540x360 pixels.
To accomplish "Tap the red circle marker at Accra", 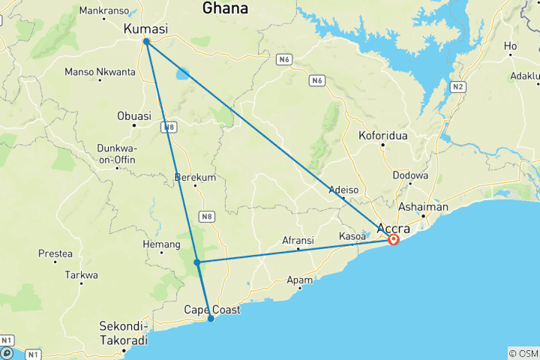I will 394,240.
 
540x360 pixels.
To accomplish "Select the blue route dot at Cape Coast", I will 211,319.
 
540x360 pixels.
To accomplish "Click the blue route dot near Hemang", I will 196,262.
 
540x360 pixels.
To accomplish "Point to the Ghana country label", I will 225,8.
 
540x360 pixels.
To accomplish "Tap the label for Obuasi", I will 134,115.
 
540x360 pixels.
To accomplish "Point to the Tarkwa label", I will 82,275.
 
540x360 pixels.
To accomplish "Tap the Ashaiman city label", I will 424,207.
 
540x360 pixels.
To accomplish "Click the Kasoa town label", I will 352,235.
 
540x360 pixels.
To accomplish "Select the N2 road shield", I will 458,87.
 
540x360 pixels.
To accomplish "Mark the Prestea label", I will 55,253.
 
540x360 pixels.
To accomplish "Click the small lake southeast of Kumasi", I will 183,75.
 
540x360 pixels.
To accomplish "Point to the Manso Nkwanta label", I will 100,72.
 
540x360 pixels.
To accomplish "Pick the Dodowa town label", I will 410,175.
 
